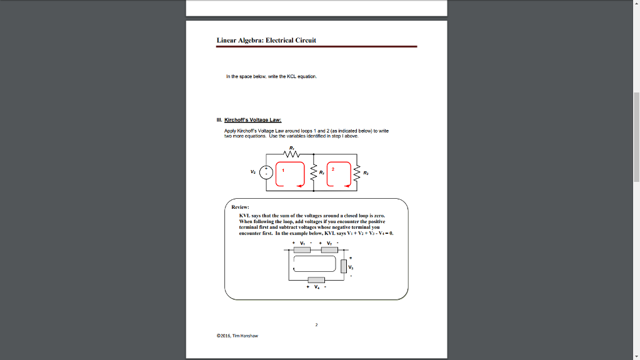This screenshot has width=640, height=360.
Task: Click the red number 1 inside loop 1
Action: [283, 169]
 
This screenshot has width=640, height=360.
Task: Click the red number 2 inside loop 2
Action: [333, 169]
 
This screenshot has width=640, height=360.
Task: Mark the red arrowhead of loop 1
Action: [300, 185]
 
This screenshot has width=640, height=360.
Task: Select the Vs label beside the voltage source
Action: [252, 172]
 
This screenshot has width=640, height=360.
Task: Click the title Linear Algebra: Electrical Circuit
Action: [266, 40]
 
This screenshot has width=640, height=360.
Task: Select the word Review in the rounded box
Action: [241, 206]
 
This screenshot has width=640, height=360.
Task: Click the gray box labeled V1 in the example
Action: [302, 250]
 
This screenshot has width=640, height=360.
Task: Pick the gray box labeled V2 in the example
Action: [329, 250]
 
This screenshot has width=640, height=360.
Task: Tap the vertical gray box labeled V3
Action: [344, 266]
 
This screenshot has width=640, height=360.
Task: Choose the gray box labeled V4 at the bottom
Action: [316, 279]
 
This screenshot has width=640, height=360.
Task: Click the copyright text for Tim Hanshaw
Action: [237, 336]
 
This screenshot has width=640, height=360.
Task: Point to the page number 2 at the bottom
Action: [317, 325]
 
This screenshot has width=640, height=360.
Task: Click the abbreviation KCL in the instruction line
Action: [292, 76]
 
